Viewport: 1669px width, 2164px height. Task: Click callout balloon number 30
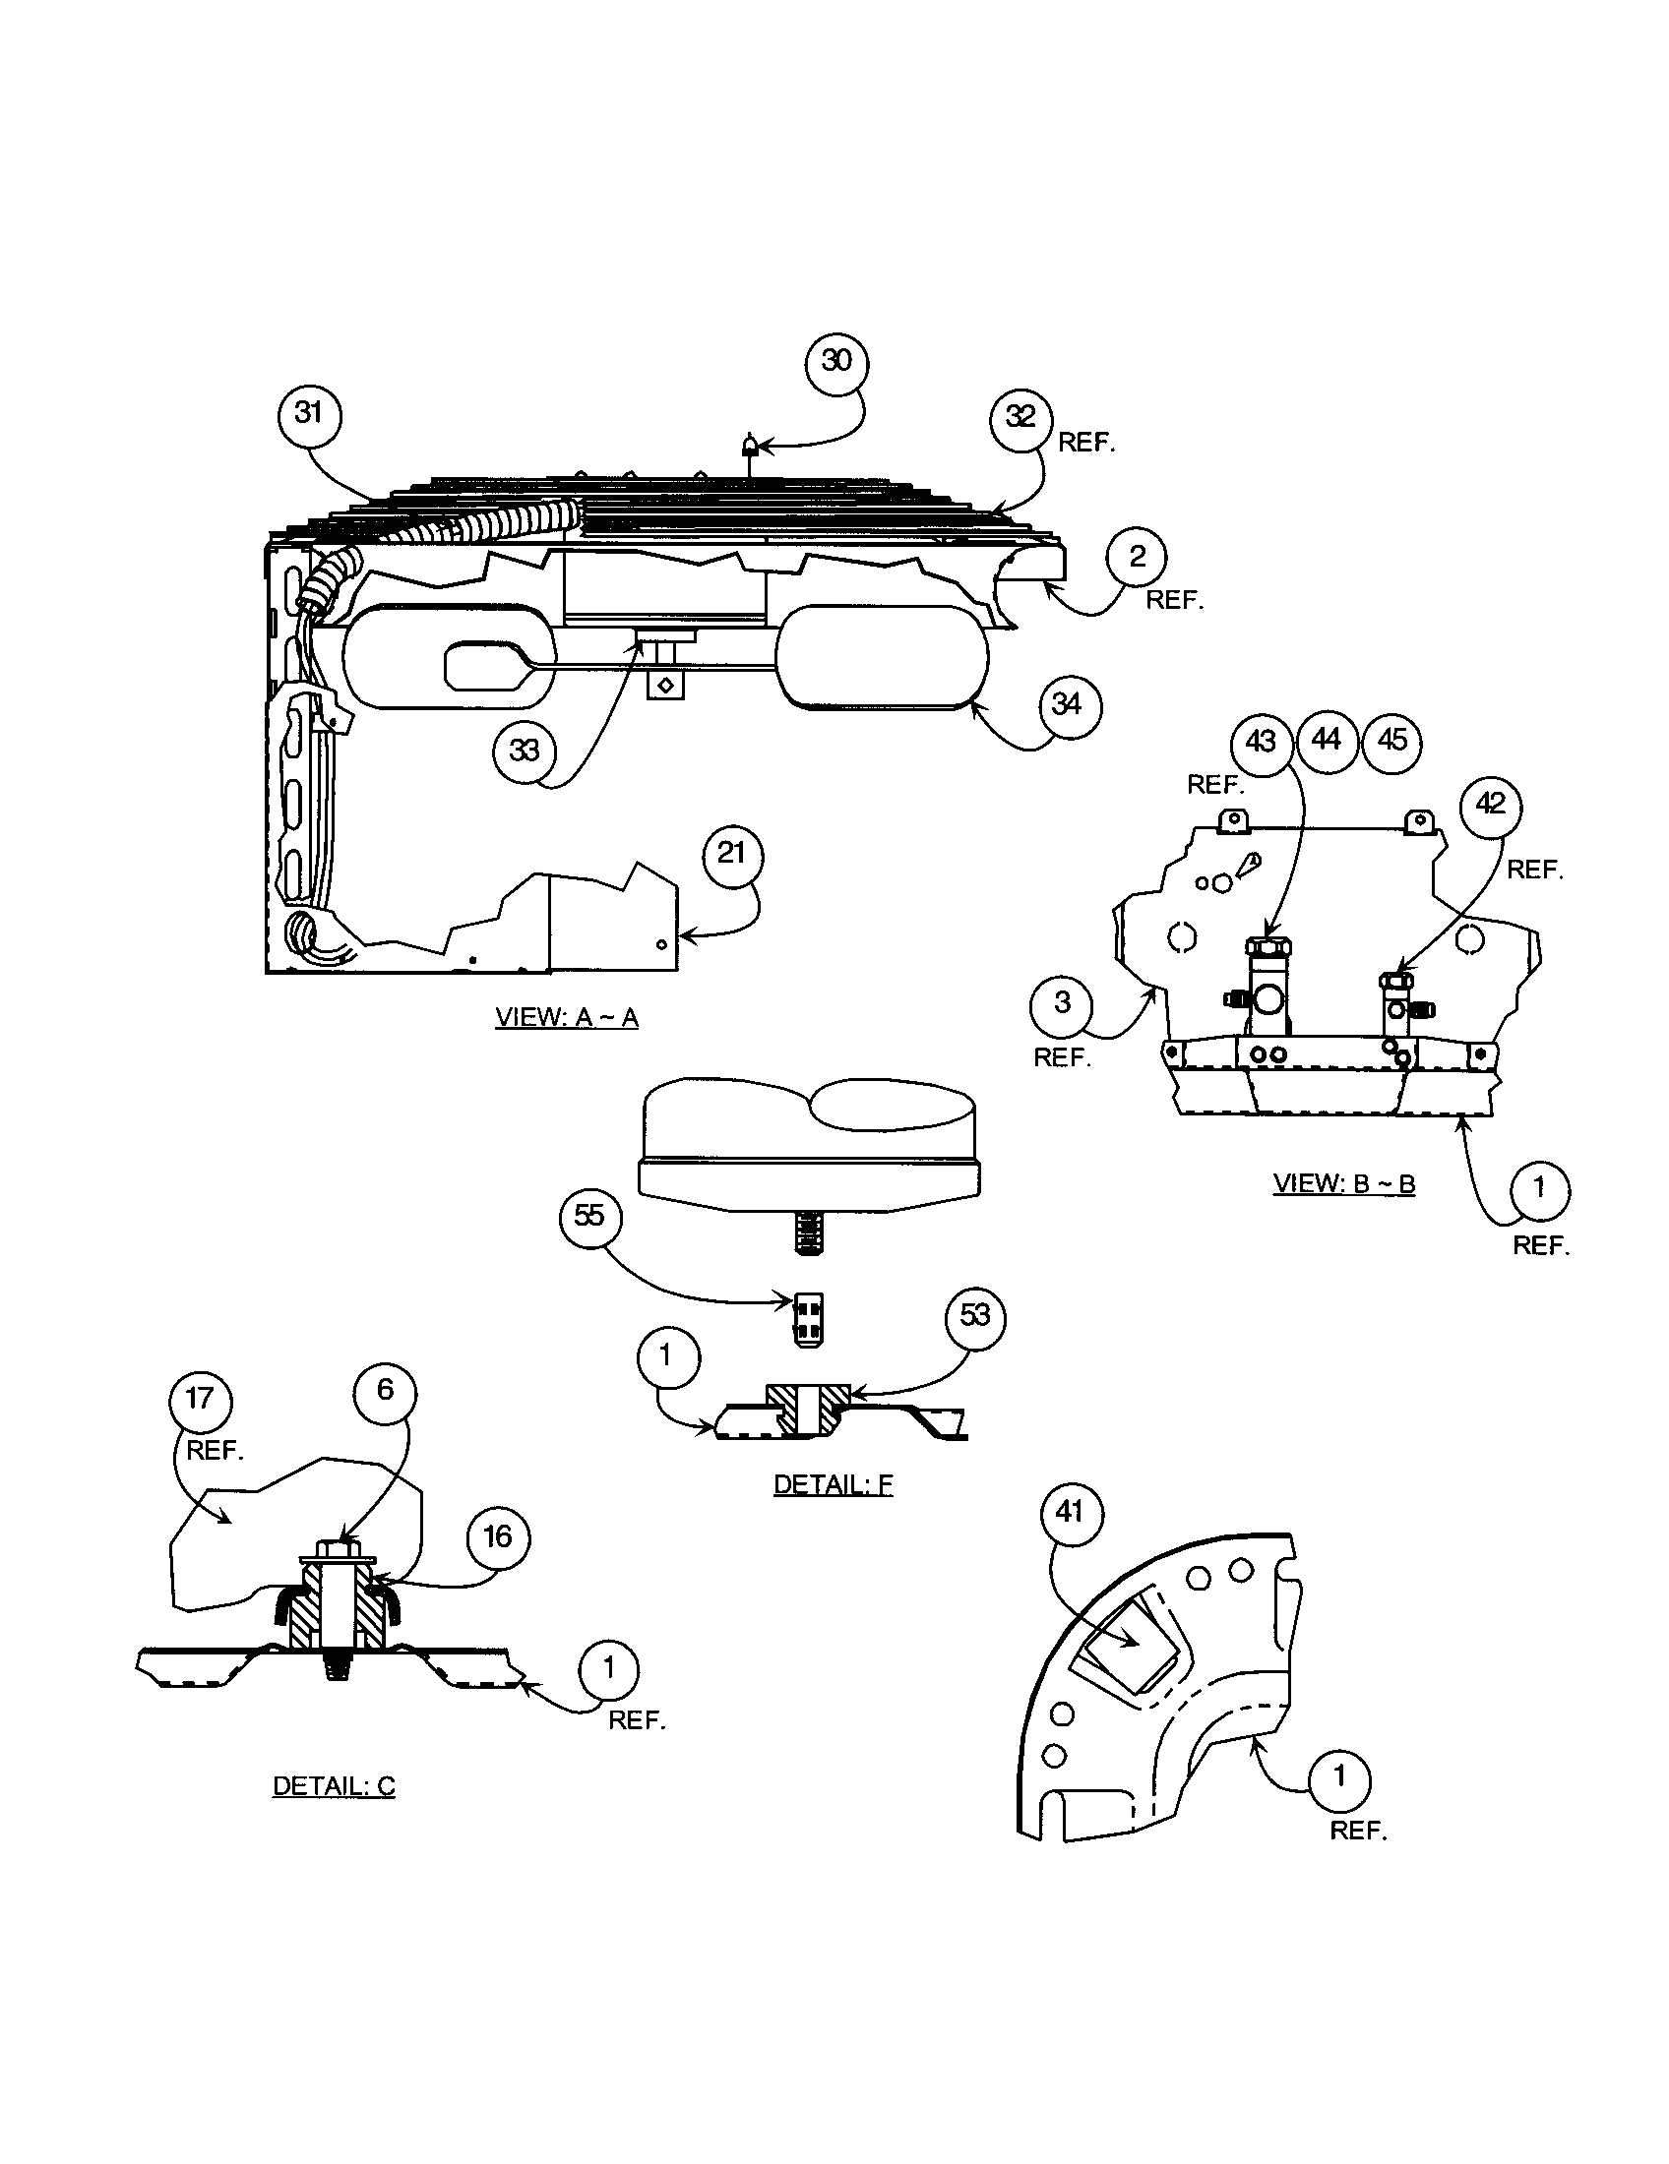[836, 362]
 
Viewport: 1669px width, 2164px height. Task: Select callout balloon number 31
[309, 412]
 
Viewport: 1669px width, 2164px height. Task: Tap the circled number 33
[524, 751]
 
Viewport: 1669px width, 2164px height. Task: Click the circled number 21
[731, 853]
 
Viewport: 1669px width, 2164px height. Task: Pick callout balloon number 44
[1327, 740]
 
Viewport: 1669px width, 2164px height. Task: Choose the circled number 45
[1391, 740]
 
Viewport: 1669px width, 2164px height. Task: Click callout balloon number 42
[1490, 804]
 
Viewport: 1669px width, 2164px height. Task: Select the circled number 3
[1062, 1002]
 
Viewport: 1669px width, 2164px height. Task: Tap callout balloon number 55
[589, 1216]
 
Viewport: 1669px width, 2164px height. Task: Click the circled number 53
[975, 1316]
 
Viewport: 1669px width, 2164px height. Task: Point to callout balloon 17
[200, 1398]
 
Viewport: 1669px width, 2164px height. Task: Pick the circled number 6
[385, 1391]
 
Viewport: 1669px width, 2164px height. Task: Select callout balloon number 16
[497, 1536]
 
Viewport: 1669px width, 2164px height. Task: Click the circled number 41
[1070, 1512]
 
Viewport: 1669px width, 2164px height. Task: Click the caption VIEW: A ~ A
[567, 1018]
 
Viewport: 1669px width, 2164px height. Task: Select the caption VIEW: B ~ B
[1344, 1183]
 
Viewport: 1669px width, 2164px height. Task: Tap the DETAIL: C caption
[334, 1785]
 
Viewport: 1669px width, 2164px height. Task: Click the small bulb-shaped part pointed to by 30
[750, 445]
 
